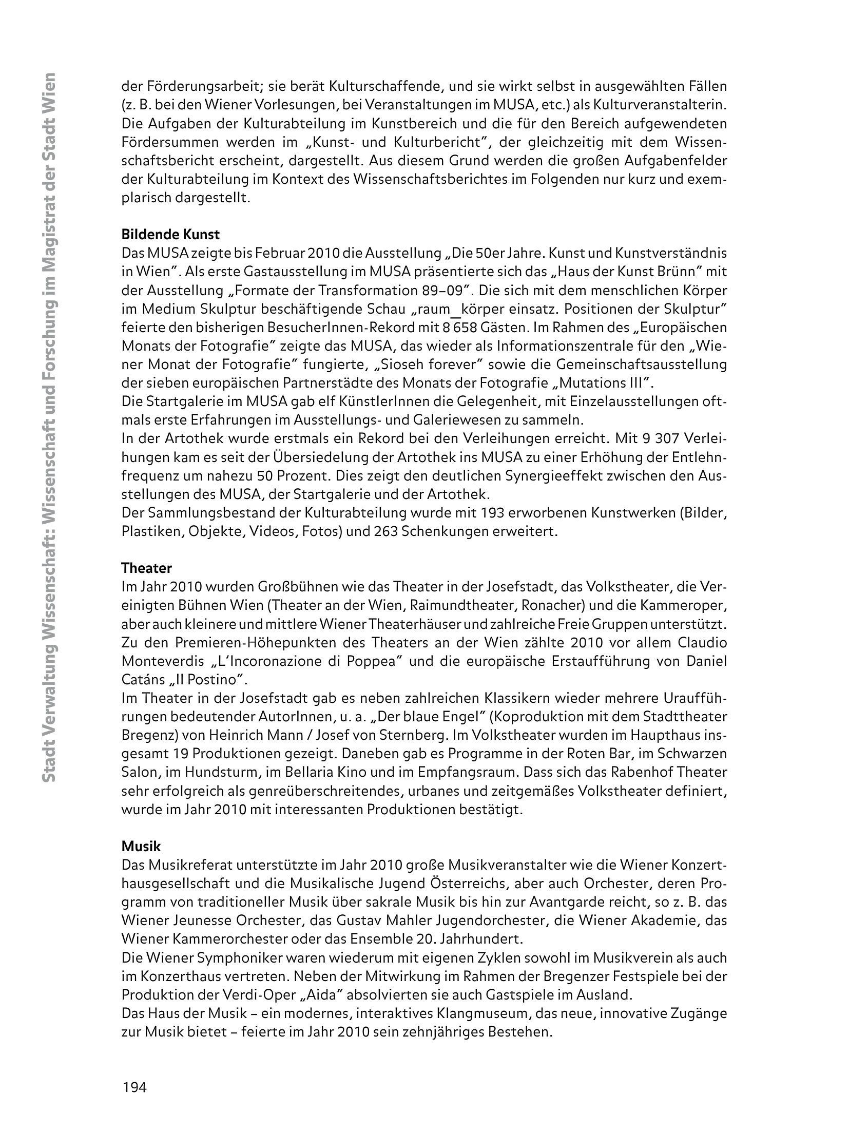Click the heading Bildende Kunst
pos(170,235)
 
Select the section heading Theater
pos(146,568)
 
